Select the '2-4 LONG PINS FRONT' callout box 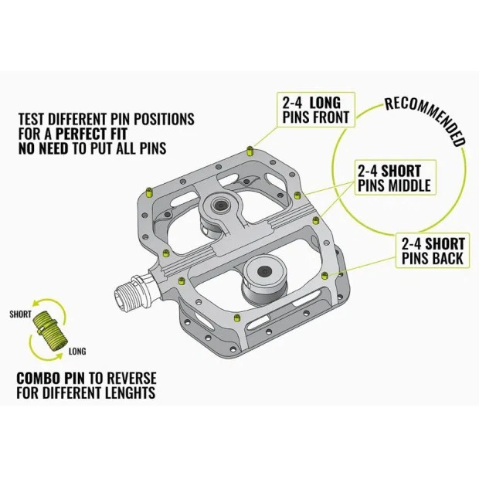315,110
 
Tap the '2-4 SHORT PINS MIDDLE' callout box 392,177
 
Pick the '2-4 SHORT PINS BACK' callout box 433,250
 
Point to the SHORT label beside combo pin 21,314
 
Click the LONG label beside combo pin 77,351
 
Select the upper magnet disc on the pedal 220,206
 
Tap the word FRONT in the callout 331,118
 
